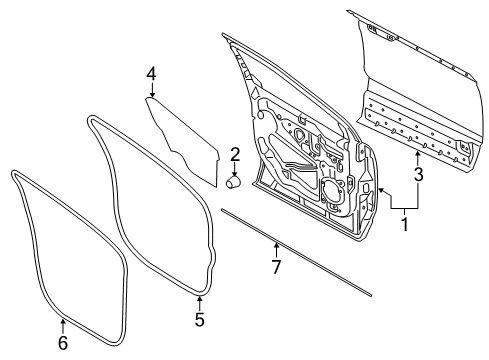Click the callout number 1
point(404,225)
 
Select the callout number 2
point(235,154)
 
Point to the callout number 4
point(151,73)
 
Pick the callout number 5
point(199,320)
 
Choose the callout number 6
point(63,342)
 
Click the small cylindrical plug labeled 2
point(235,182)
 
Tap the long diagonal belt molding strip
point(300,254)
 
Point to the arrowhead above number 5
point(199,299)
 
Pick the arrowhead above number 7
point(277,244)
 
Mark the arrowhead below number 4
point(151,96)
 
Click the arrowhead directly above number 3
point(419,155)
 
